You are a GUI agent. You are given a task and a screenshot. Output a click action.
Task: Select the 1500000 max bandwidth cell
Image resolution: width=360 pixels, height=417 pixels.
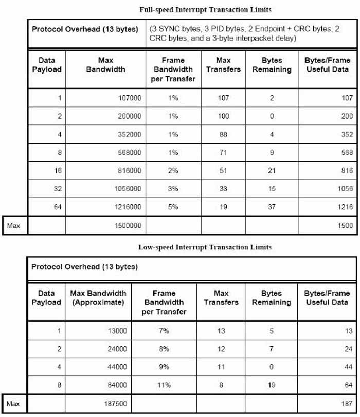click(128, 225)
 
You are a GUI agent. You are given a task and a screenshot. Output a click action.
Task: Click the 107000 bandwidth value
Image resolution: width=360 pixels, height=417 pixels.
click(129, 98)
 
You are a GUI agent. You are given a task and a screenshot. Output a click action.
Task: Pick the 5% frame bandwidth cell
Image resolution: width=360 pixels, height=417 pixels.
click(172, 207)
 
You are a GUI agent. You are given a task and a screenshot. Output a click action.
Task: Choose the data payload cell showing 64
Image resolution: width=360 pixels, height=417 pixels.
click(57, 207)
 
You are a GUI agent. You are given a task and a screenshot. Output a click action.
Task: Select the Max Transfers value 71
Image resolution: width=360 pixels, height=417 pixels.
click(223, 152)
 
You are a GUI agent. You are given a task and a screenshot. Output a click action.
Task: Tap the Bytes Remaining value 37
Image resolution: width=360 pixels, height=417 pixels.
click(272, 207)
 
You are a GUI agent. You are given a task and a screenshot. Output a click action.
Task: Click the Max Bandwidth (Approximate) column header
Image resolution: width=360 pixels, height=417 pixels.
click(98, 298)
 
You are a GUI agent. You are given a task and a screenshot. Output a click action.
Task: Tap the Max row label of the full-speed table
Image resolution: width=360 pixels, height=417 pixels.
click(14, 225)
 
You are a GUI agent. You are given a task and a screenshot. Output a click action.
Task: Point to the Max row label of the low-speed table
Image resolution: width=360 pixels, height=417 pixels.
click(14, 404)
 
